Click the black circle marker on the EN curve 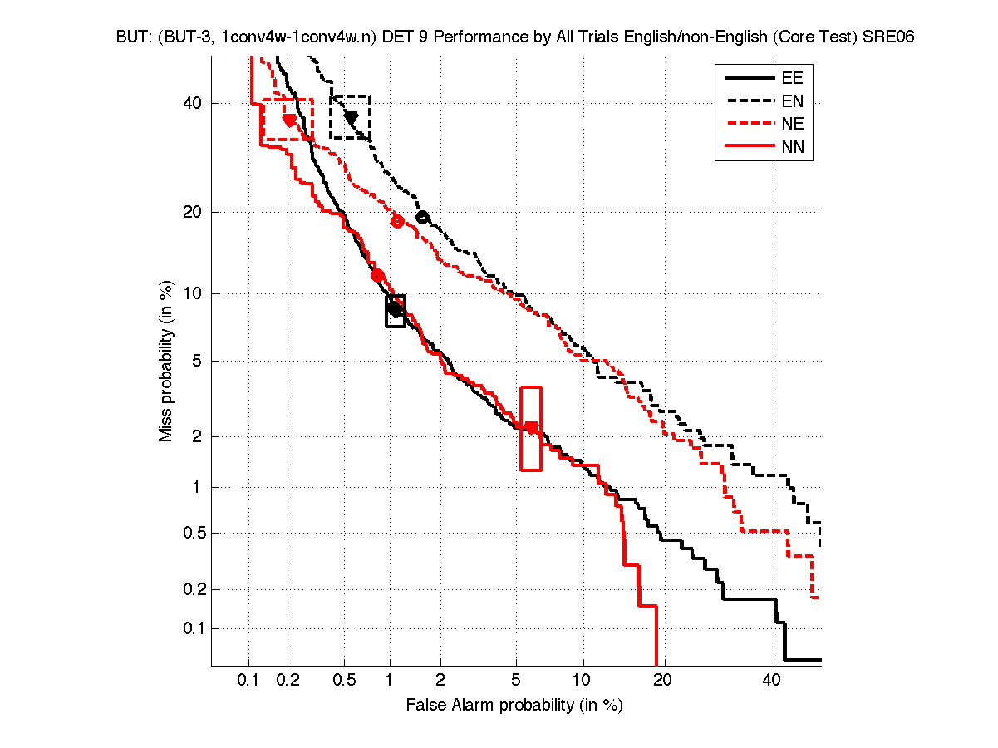(x=422, y=218)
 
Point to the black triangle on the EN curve (x=352, y=118)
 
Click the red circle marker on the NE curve (x=397, y=221)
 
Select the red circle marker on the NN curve (x=377, y=275)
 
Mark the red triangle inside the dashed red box (x=289, y=121)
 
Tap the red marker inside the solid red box (x=532, y=428)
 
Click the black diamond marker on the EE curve (x=395, y=309)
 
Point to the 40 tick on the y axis (x=193, y=103)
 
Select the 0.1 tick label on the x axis (x=248, y=681)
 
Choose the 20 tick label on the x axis (x=661, y=681)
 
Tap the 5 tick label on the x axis (x=516, y=681)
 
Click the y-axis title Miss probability (x=166, y=360)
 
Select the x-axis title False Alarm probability (x=514, y=706)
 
